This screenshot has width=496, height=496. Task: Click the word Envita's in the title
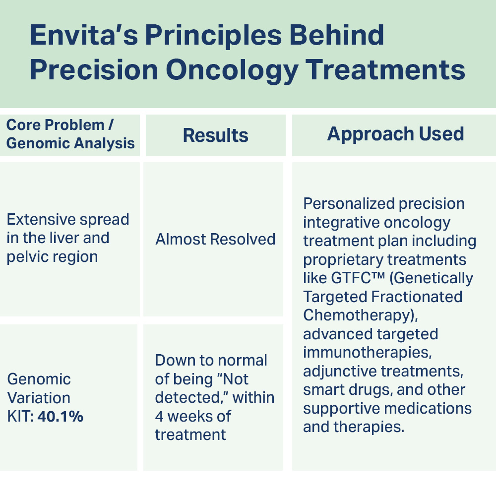[x=84, y=35]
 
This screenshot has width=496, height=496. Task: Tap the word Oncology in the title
[x=232, y=70]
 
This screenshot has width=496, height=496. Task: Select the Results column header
[x=215, y=135]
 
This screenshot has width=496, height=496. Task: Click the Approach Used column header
[x=395, y=134]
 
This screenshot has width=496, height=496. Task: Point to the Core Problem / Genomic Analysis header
[x=70, y=134]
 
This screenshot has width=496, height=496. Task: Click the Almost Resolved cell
[x=215, y=239]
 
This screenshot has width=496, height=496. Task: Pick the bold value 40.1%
[x=61, y=416]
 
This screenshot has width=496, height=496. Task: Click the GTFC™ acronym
[x=358, y=278]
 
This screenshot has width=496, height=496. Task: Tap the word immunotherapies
[x=367, y=352]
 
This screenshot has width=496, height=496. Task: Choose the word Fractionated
[x=417, y=297]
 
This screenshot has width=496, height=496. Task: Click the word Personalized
[x=349, y=204]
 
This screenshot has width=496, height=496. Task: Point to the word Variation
[x=39, y=398]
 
